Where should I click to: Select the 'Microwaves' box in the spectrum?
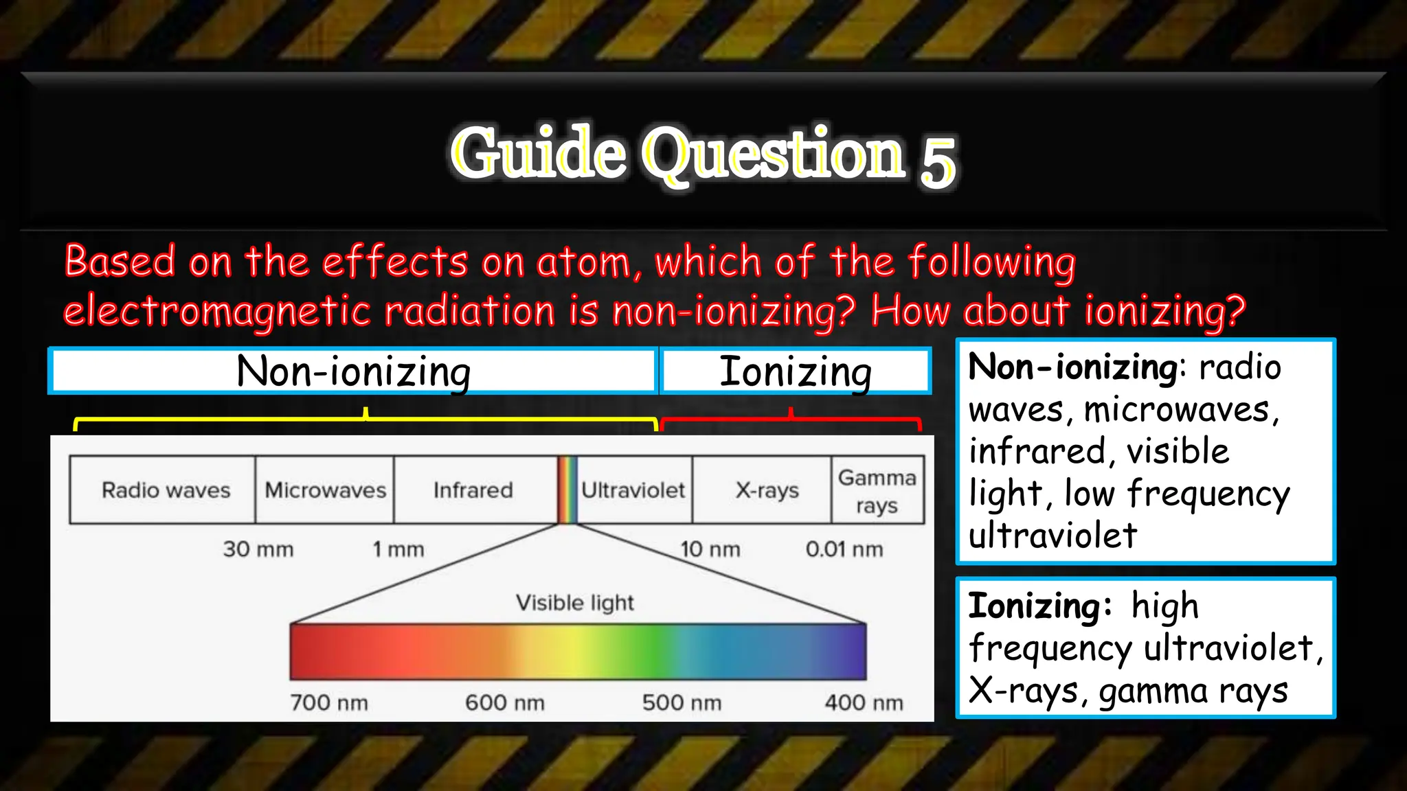pyautogui.click(x=325, y=490)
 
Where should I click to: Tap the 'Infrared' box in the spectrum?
pyautogui.click(x=473, y=490)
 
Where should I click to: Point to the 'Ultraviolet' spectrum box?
pyautogui.click(x=633, y=490)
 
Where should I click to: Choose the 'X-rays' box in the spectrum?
pyautogui.click(x=767, y=490)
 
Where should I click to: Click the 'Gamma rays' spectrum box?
pyautogui.click(x=877, y=490)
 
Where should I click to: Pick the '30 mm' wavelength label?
pyautogui.click(x=258, y=549)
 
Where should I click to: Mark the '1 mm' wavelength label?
pyautogui.click(x=398, y=549)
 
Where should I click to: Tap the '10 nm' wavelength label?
pyautogui.click(x=710, y=549)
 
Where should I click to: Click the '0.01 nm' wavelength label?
pyautogui.click(x=844, y=549)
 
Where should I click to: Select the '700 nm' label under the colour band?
pyautogui.click(x=329, y=702)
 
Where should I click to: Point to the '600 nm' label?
pyautogui.click(x=505, y=702)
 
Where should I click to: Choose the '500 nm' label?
pyautogui.click(x=682, y=702)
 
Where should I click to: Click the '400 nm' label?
pyautogui.click(x=864, y=702)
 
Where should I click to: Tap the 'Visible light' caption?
pyautogui.click(x=575, y=603)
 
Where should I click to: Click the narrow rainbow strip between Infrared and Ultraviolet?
pyautogui.click(x=567, y=490)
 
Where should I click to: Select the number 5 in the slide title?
pyautogui.click(x=938, y=162)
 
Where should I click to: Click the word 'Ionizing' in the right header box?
pyautogui.click(x=796, y=371)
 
